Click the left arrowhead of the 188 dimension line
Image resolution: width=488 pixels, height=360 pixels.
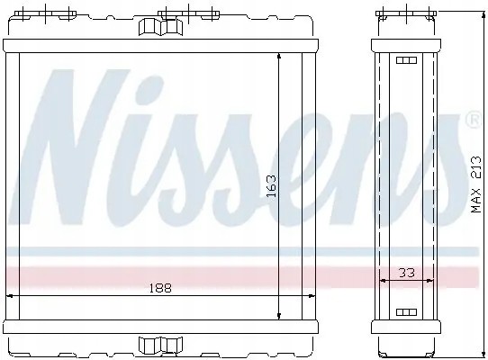[12, 294]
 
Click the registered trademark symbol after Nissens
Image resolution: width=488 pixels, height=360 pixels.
[472, 120]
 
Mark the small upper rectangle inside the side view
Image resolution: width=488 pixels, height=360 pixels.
[402, 61]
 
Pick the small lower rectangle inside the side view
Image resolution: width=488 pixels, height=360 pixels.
[402, 312]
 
